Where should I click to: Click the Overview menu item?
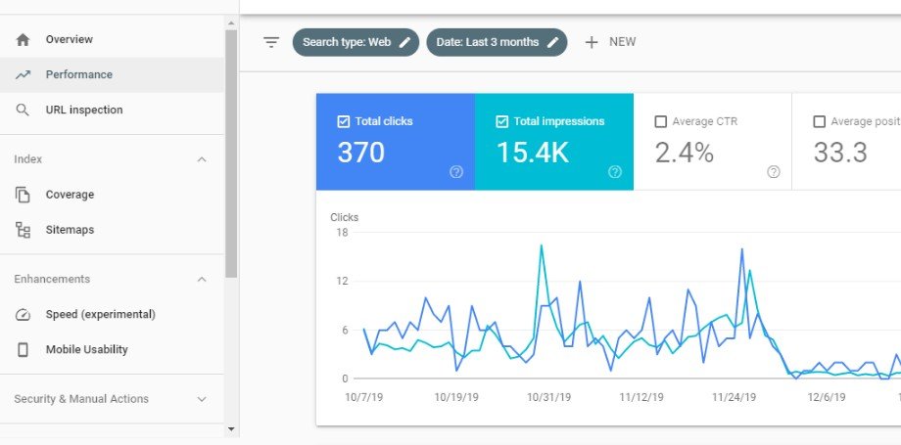(x=69, y=39)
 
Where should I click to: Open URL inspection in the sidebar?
(x=83, y=110)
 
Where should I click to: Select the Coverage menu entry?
(x=70, y=195)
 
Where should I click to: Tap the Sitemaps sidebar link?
(x=69, y=230)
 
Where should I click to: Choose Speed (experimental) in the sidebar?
(x=100, y=314)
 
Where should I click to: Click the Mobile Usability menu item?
(x=86, y=349)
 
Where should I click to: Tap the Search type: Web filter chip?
(x=356, y=42)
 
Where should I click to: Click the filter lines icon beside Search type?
(x=271, y=42)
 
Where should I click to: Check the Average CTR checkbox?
(x=661, y=121)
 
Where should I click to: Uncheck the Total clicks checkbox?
(x=343, y=121)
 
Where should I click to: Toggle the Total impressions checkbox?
(x=502, y=121)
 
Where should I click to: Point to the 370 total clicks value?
(x=361, y=153)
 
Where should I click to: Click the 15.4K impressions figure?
(x=532, y=153)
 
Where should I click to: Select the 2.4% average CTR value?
(x=685, y=153)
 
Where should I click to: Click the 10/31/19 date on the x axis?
(x=547, y=398)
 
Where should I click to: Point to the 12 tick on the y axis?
(x=342, y=282)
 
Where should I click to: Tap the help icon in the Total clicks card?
(x=456, y=171)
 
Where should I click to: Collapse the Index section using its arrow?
(x=202, y=159)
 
